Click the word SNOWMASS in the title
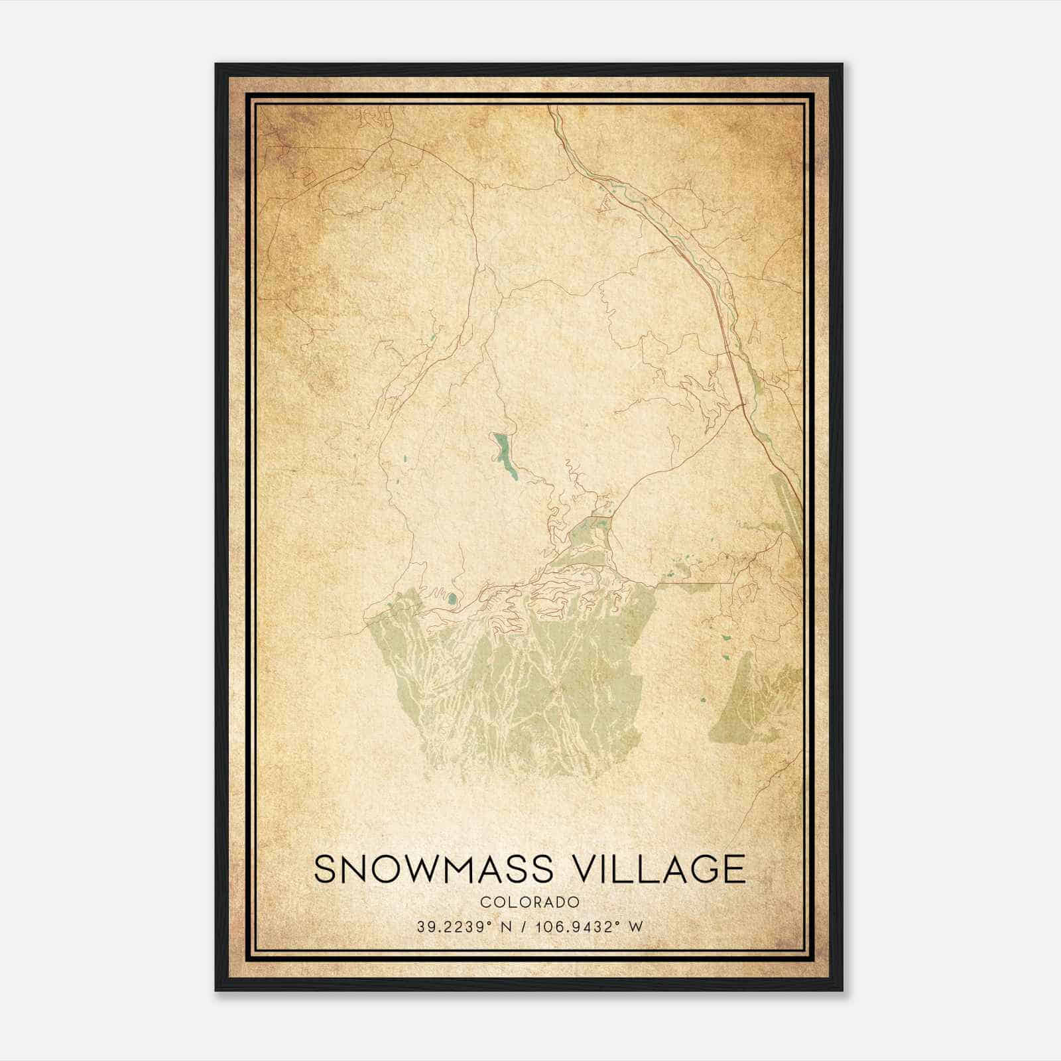433,869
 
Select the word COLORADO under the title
530,903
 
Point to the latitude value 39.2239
447,927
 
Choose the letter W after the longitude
636,927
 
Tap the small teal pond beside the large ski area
452,600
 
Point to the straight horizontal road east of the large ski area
696,583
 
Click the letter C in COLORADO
485,903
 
